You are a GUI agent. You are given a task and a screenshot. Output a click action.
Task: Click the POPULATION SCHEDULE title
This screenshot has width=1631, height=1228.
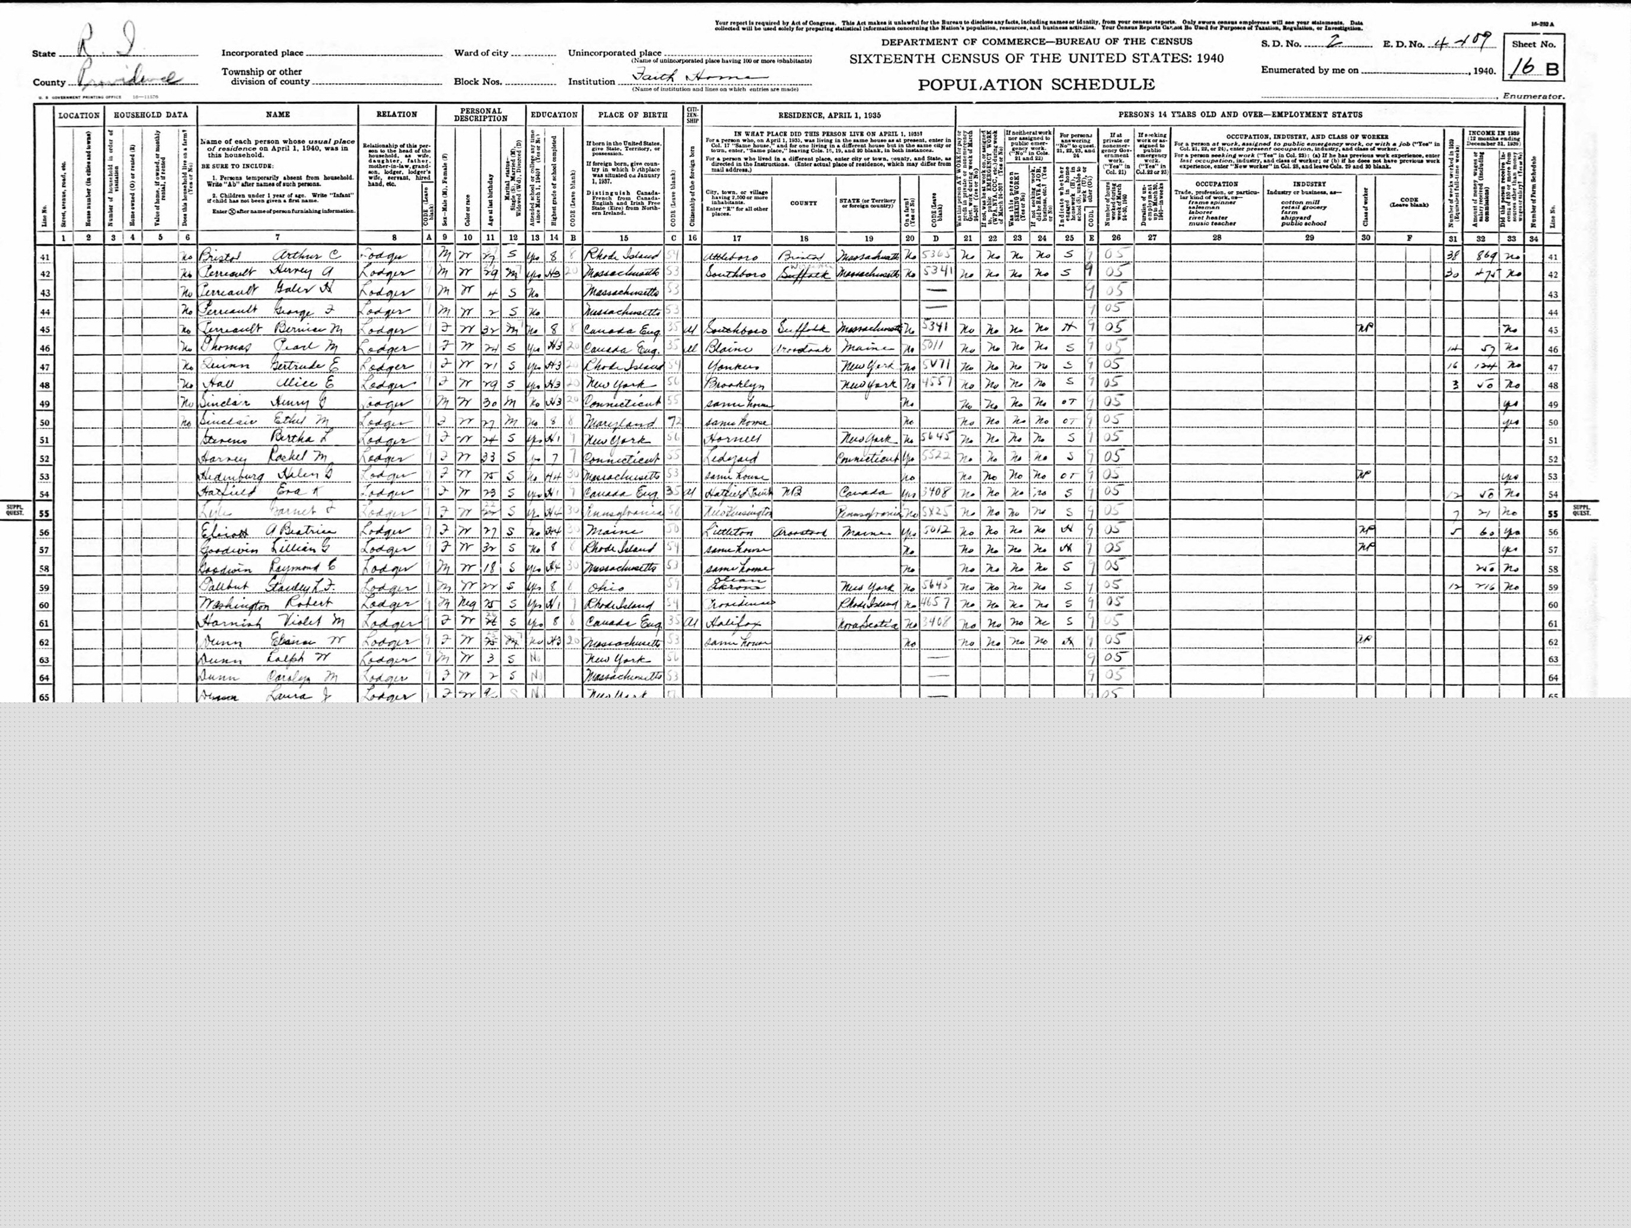click(x=1036, y=84)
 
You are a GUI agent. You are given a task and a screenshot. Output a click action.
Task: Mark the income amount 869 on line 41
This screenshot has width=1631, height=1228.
click(x=1479, y=256)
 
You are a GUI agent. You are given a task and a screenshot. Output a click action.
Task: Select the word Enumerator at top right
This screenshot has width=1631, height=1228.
click(x=1537, y=96)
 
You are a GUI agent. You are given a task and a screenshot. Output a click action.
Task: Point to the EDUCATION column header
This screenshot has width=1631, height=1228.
click(x=553, y=114)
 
